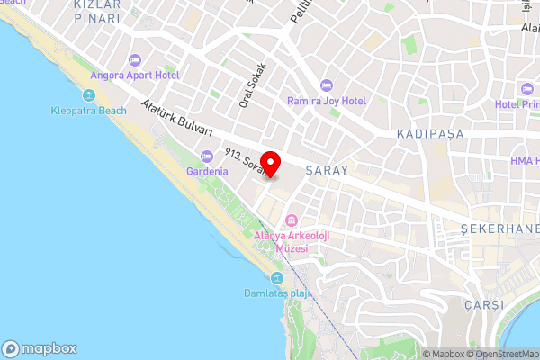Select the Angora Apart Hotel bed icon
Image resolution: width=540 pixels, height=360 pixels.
(135, 60)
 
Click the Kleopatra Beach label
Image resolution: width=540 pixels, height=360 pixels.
(88, 111)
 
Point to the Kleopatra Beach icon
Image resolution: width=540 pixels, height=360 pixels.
(88, 95)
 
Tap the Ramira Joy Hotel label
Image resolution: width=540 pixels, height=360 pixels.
(326, 101)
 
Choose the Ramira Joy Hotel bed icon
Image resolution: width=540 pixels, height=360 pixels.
(326, 85)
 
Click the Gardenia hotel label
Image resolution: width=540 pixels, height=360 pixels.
(206, 170)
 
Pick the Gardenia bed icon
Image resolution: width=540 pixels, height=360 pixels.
(206, 155)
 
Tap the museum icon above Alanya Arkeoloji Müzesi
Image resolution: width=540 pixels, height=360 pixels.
(291, 220)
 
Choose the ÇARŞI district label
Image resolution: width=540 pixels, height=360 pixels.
(482, 304)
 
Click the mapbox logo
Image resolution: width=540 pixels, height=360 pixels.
(40, 348)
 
